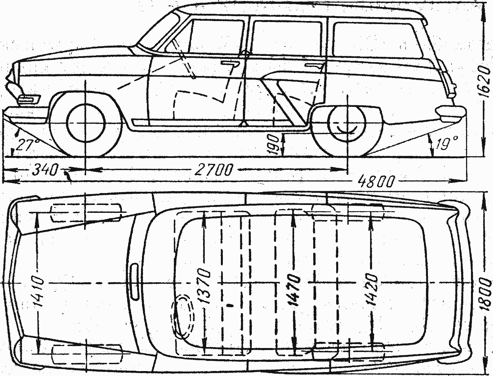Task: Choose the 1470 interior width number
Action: [x=293, y=289]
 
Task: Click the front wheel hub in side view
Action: [x=85, y=123]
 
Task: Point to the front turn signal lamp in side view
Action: [x=28, y=99]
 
